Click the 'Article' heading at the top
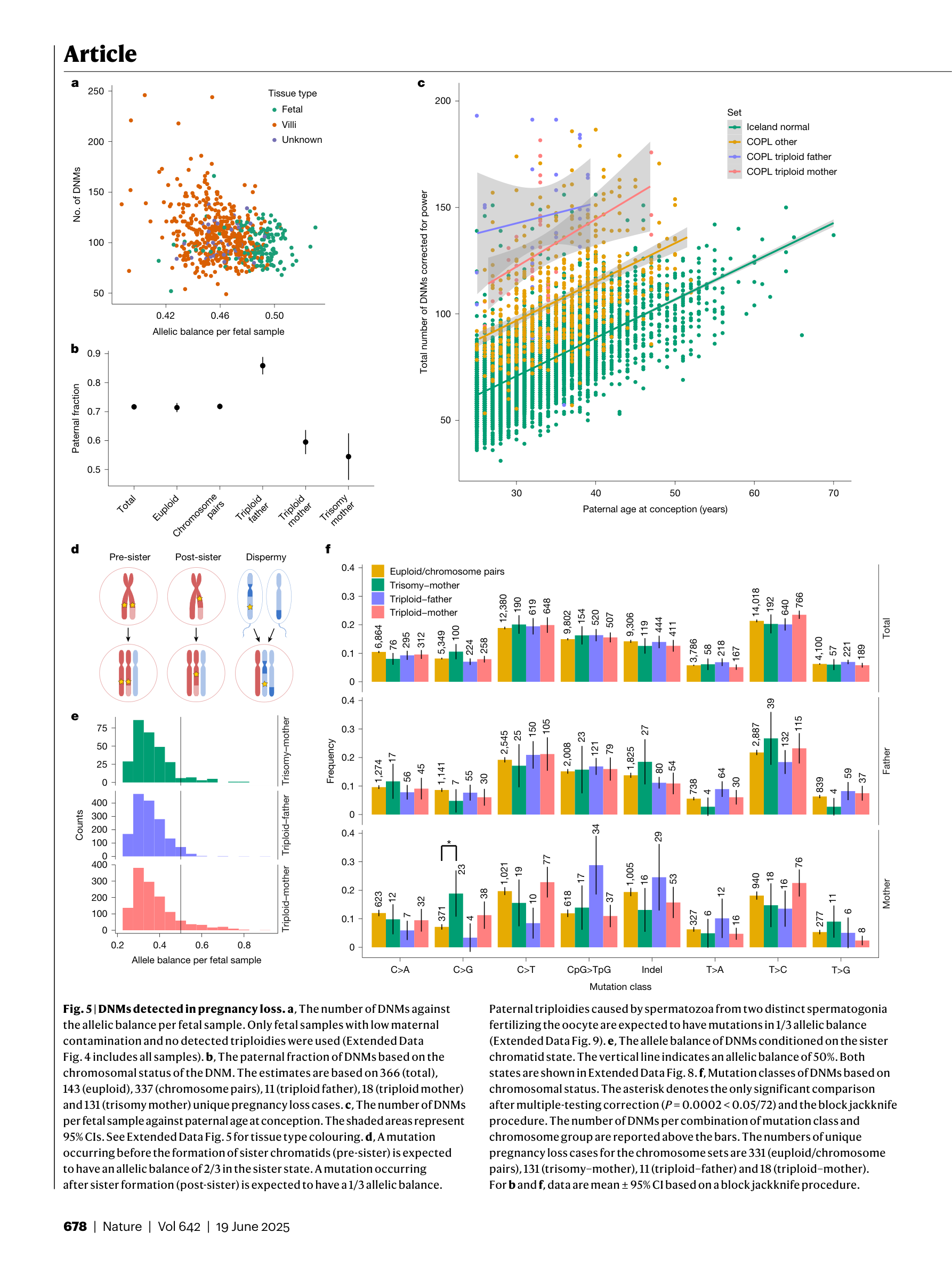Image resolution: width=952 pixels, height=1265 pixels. [x=100, y=54]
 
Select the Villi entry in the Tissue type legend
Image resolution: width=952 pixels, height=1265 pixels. [x=289, y=125]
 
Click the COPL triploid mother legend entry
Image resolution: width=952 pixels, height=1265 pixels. [x=791, y=172]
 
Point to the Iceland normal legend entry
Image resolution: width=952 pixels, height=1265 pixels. [x=777, y=127]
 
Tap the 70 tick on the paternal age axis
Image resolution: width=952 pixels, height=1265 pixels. [x=833, y=493]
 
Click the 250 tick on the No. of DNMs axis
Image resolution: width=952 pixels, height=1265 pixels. [x=96, y=91]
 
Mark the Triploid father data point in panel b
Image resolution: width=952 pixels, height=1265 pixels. [x=262, y=366]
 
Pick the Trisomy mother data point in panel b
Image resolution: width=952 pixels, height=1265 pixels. [x=348, y=456]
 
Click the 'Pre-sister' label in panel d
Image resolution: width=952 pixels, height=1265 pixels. [x=130, y=557]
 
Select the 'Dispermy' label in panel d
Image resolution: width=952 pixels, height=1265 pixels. [x=266, y=557]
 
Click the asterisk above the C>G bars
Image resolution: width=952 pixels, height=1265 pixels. [x=449, y=842]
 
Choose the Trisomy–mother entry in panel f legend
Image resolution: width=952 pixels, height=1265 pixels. [x=424, y=585]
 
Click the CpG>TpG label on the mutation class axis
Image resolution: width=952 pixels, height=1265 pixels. [x=588, y=970]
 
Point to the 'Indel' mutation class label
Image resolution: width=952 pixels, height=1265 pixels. [x=651, y=970]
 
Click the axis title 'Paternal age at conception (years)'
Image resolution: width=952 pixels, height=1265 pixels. [x=655, y=509]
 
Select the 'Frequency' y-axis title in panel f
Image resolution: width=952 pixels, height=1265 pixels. [x=330, y=760]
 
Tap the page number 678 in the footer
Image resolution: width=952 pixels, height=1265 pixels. [x=75, y=1227]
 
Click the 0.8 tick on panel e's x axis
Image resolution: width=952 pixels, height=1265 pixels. [x=244, y=945]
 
